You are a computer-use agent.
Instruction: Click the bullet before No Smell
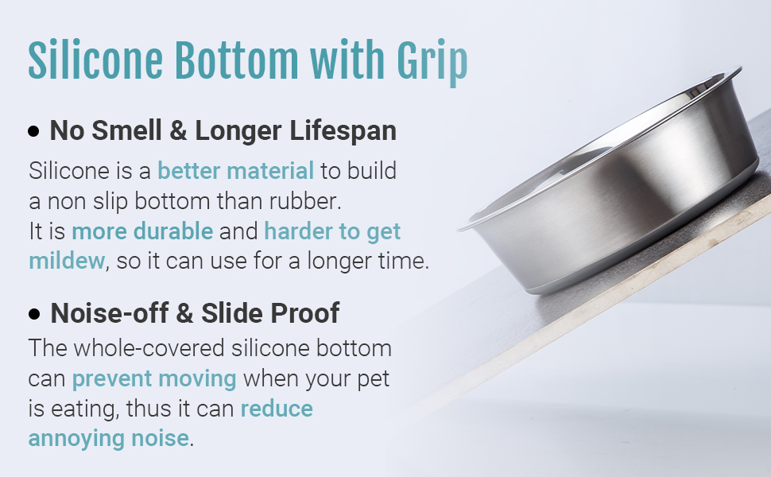[x=33, y=132]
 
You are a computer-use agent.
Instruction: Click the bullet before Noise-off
[x=33, y=315]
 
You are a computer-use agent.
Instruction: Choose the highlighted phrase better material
[x=236, y=170]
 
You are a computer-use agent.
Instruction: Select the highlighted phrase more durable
[x=142, y=232]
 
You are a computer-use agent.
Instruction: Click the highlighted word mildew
[x=67, y=262]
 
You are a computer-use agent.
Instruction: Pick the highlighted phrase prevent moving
[x=154, y=378]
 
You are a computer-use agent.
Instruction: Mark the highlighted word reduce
[x=277, y=409]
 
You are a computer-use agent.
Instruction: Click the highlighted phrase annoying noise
[x=109, y=438]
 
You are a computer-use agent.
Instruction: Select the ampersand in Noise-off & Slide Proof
[x=184, y=314]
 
